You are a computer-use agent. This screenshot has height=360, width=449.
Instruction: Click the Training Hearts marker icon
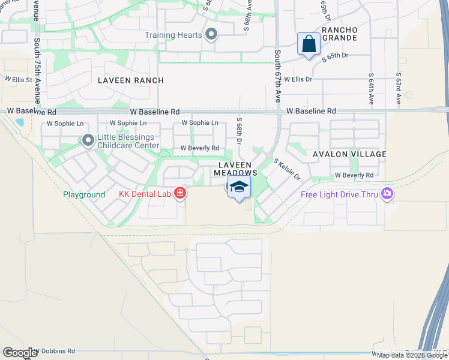click(211, 35)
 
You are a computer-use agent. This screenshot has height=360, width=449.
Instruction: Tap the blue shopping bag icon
click(309, 44)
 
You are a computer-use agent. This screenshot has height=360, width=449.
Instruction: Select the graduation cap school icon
click(239, 187)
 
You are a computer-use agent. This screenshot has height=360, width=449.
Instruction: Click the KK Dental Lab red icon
click(179, 193)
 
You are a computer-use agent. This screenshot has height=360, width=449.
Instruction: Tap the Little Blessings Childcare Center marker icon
click(88, 141)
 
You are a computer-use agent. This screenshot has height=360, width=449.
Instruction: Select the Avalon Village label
click(349, 154)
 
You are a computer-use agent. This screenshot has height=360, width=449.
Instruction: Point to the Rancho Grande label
click(340, 34)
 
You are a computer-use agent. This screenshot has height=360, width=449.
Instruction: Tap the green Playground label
click(84, 195)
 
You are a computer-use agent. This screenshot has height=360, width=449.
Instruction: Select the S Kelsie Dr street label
click(286, 170)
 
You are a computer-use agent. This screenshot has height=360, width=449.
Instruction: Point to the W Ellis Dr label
click(298, 79)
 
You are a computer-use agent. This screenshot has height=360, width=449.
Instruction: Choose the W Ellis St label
click(18, 79)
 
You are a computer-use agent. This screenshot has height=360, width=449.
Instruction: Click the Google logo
click(20, 353)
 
